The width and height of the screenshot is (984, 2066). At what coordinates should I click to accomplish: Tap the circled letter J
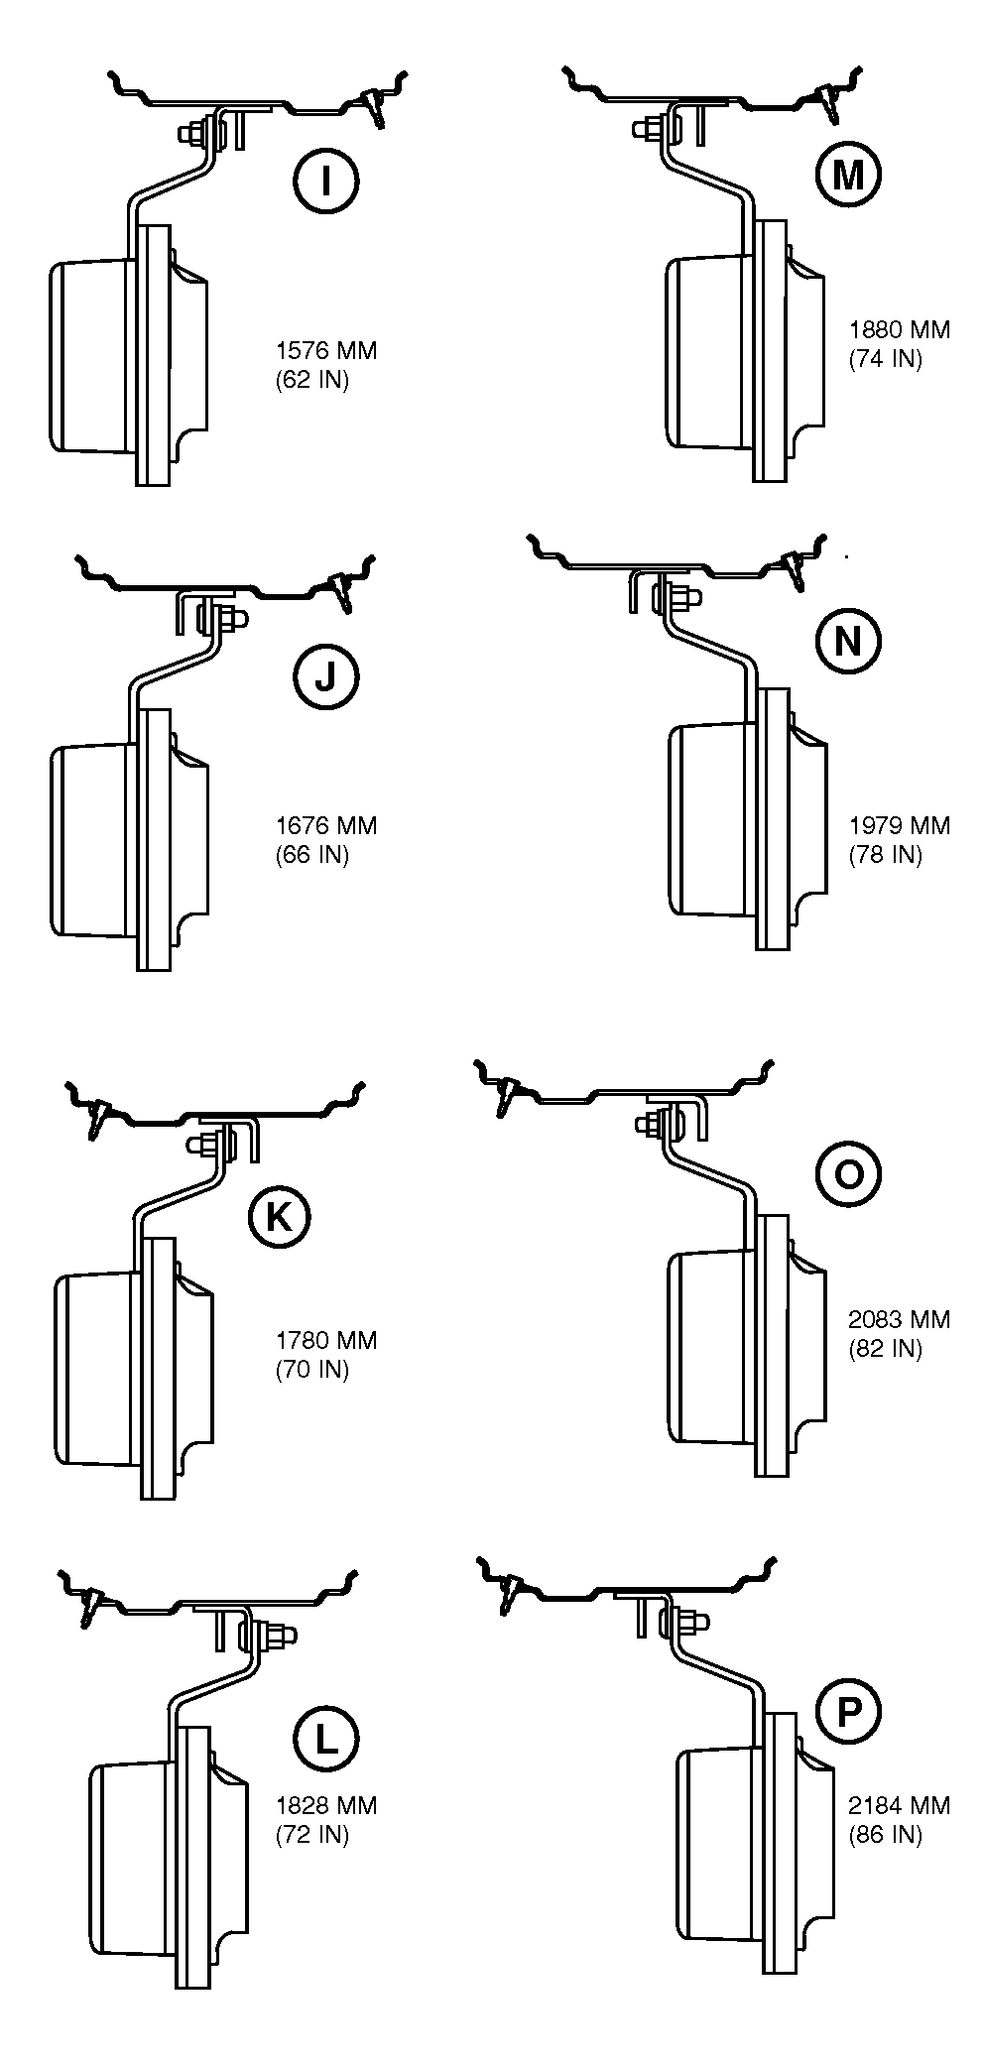pyautogui.click(x=325, y=677)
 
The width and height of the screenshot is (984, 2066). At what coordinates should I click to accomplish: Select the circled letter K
pyautogui.click(x=279, y=1216)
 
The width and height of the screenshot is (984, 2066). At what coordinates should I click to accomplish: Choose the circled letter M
pyautogui.click(x=847, y=176)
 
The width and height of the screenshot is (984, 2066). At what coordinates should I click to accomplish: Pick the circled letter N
pyautogui.click(x=847, y=642)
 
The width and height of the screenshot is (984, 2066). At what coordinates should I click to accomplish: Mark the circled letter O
pyautogui.click(x=847, y=1174)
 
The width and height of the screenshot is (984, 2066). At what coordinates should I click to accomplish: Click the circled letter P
pyautogui.click(x=847, y=1713)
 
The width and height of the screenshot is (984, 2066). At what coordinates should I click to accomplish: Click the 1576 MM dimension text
pyautogui.click(x=326, y=350)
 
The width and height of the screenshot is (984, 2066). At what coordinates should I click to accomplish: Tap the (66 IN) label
pyautogui.click(x=312, y=854)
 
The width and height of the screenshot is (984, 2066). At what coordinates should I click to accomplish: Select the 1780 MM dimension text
pyautogui.click(x=326, y=1340)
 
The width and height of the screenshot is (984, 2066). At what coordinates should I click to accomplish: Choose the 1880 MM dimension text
pyautogui.click(x=899, y=329)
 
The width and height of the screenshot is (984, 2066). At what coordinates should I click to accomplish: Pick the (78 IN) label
pyautogui.click(x=885, y=854)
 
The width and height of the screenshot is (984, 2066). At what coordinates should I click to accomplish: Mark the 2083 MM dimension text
pyautogui.click(x=899, y=1319)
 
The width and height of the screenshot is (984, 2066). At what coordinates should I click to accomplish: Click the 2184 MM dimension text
pyautogui.click(x=899, y=1805)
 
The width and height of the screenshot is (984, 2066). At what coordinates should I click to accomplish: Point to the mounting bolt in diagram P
pyautogui.click(x=690, y=1623)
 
